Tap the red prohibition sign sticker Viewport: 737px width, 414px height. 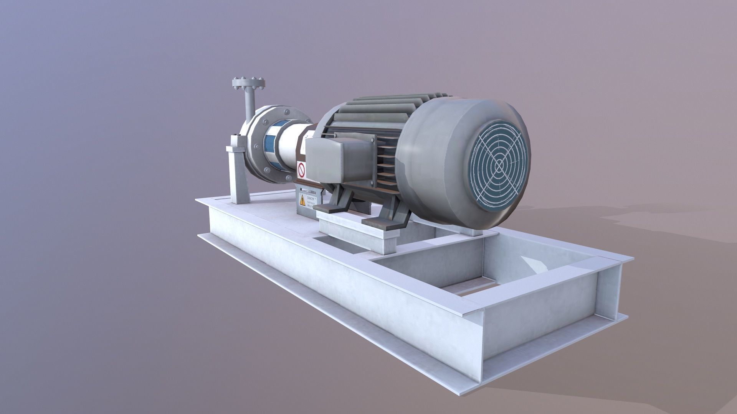click(301, 169)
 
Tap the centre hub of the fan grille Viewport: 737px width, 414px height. click(499, 165)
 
